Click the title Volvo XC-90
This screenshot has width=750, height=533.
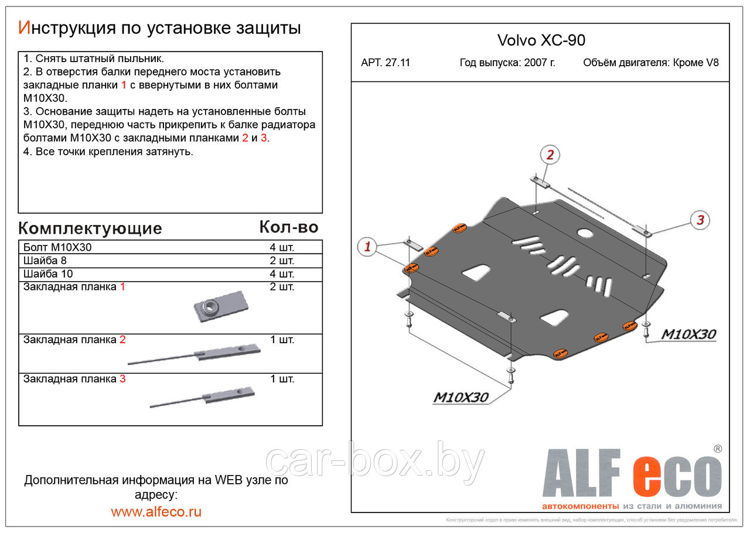pos(541,40)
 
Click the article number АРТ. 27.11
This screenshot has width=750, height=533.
pos(386,63)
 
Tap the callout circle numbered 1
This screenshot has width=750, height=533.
pos(367,247)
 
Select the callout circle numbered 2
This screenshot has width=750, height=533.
pos(550,155)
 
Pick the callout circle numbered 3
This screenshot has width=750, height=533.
pos(699,220)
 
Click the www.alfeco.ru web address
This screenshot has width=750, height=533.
pos(156,511)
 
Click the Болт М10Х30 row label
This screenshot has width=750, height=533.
pos(57,247)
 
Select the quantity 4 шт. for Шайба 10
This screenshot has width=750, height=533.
pos(282,274)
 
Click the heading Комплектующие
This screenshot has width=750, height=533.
pos(90,228)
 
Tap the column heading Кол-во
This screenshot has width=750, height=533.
pos(288,227)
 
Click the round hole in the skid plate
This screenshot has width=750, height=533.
pos(585,233)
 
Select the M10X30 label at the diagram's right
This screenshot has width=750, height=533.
pos(688,334)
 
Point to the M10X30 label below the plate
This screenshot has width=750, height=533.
pos(461,397)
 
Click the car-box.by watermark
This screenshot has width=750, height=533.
pos(375,463)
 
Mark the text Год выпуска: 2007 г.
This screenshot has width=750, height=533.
pos(507,63)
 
